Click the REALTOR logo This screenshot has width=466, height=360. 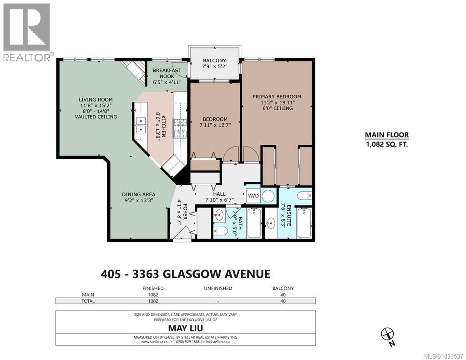point(26,32)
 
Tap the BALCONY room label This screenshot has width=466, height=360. point(214,61)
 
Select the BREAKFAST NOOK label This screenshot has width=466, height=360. point(167,73)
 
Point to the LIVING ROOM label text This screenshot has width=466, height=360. point(96,100)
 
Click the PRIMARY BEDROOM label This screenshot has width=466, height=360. point(277,96)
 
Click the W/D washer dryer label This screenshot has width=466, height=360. point(252,196)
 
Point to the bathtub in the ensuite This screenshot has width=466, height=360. point(304,223)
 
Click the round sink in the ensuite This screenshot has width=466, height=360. point(271,223)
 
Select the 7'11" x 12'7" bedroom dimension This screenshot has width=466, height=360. point(214,126)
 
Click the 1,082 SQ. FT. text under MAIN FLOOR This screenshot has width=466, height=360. point(386,144)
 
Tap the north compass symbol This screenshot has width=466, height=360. point(387,334)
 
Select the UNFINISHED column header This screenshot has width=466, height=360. point(218,288)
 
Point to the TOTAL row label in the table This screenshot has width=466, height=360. point(88,301)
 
